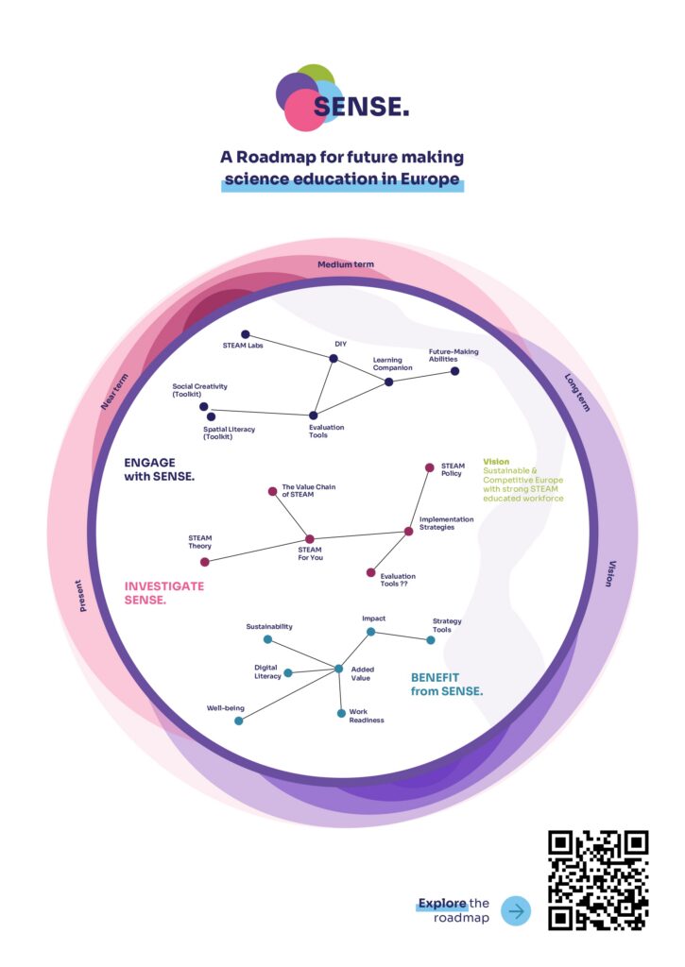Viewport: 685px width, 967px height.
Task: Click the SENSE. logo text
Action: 361,107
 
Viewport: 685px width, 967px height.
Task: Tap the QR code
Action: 598,880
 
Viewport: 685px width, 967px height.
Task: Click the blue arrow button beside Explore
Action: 516,910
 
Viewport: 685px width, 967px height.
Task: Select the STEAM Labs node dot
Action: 245,334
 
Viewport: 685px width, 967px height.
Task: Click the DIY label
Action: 341,344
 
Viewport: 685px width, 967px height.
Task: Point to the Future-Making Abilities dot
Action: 454,371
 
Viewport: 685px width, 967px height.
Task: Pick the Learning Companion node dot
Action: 388,382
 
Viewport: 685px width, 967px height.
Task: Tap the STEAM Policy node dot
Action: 429,467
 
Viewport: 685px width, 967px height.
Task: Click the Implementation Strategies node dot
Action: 408,532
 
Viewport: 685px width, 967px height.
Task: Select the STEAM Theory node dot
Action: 204,561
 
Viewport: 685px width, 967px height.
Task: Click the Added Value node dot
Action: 338,669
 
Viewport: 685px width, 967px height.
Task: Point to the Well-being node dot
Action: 238,721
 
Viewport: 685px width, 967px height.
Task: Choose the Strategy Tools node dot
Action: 431,640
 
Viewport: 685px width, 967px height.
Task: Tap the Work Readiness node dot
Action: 341,713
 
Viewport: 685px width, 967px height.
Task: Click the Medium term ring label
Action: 346,264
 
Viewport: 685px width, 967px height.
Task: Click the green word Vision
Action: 496,462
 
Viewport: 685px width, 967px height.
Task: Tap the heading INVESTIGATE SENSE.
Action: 164,593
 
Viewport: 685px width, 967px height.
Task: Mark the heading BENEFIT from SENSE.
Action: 447,684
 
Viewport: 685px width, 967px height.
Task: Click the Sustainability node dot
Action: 267,639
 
